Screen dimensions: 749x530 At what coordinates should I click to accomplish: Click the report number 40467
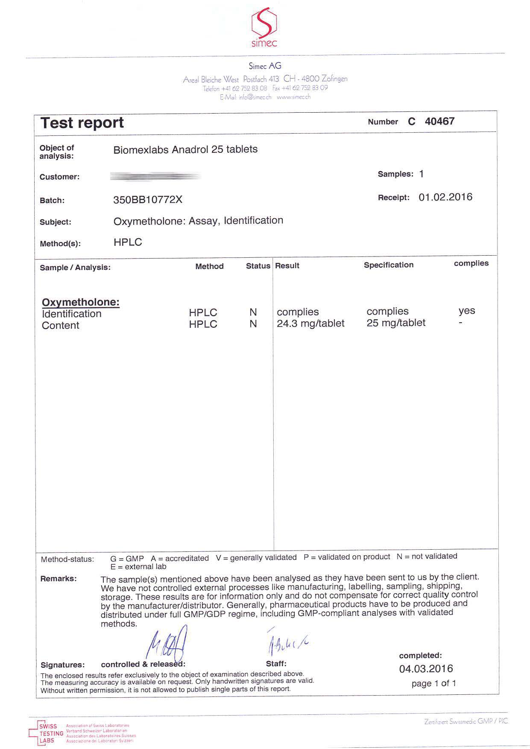coord(439,121)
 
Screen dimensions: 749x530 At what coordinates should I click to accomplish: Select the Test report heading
coord(82,123)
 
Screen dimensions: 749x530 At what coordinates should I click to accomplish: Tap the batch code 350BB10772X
coord(148,200)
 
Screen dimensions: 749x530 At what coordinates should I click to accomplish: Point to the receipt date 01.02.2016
coord(445,197)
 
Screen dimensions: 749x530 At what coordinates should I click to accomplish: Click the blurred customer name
coord(155,176)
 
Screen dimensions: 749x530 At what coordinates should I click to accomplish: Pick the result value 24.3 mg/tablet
coord(310,323)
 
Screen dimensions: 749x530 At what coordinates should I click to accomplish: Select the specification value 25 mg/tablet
coord(396,323)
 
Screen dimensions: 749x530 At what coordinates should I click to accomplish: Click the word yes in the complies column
coord(467,311)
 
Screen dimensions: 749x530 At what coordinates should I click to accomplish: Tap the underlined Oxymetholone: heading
coord(81,302)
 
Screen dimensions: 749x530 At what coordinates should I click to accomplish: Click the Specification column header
coord(389,265)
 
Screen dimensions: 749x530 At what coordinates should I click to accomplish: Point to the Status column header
coord(258,266)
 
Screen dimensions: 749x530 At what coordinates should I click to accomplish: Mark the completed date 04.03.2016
coord(426,669)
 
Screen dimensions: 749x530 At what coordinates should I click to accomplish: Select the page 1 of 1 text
coord(433,683)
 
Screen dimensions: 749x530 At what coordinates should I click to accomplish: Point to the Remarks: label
coord(59,579)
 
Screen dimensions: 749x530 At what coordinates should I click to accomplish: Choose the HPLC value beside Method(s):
coord(128,242)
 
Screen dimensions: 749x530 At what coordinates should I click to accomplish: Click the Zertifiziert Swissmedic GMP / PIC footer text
coord(466,721)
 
